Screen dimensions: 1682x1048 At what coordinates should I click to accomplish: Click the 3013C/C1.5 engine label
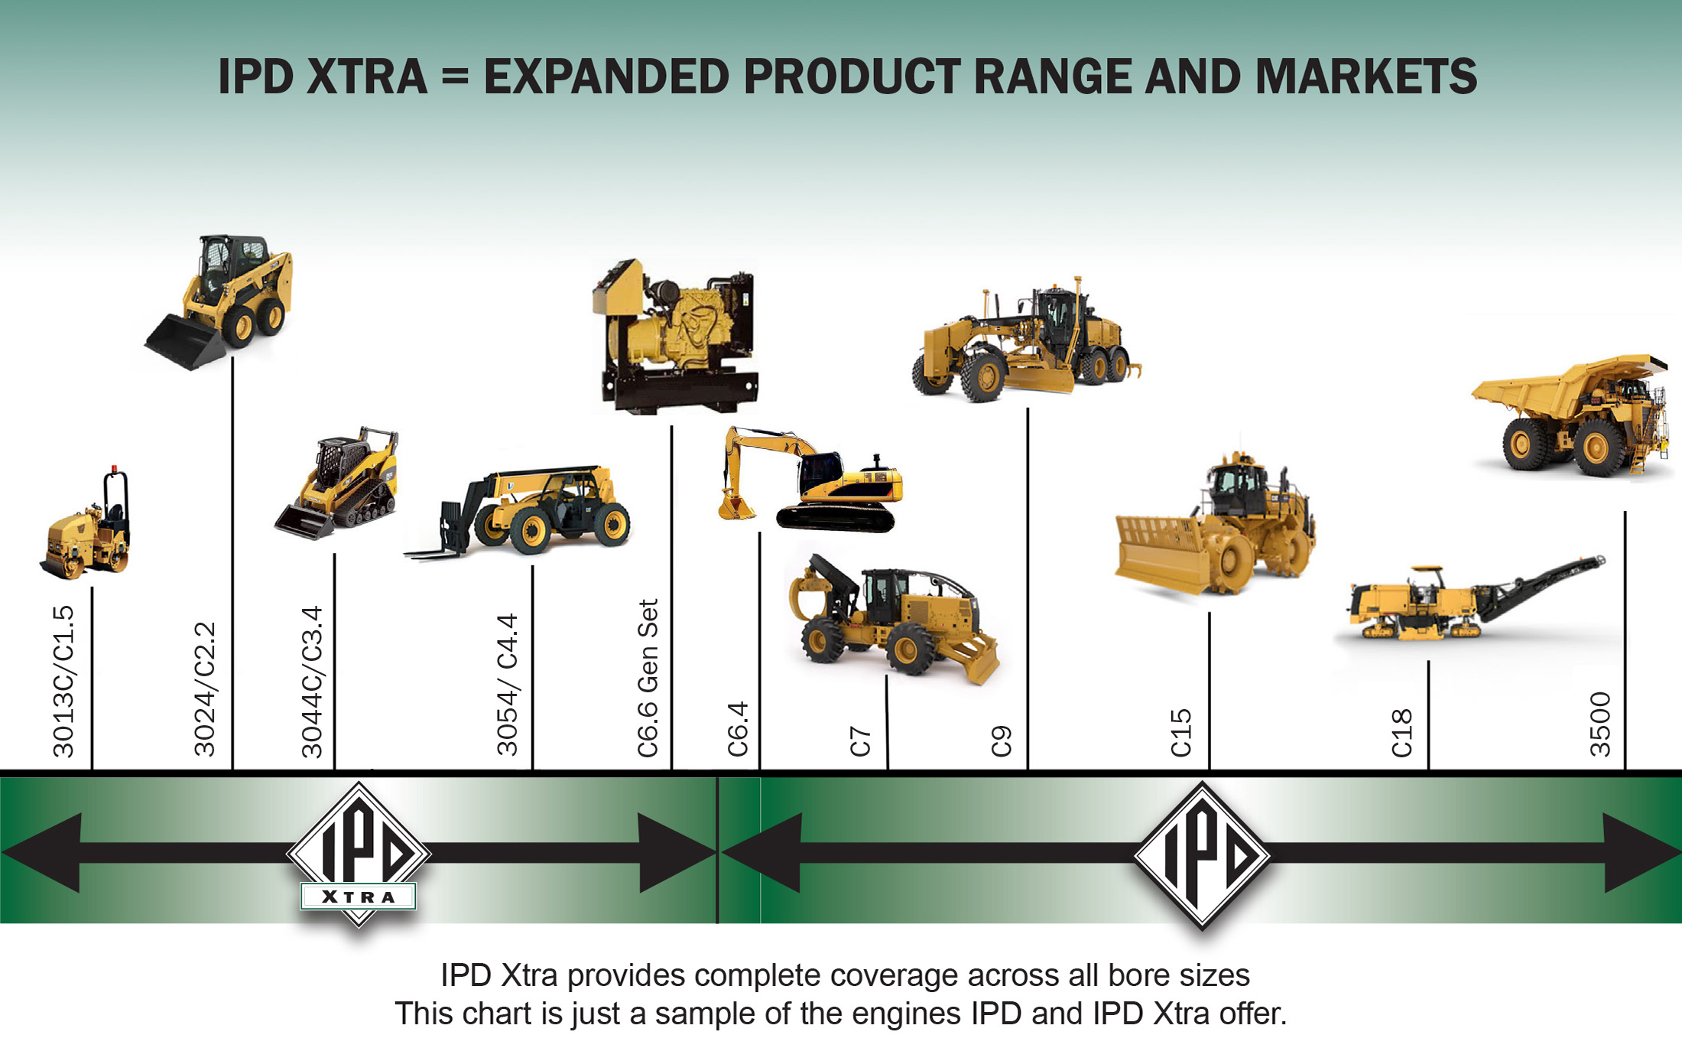pos(63,682)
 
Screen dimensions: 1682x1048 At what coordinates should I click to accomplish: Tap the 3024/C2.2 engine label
pos(205,689)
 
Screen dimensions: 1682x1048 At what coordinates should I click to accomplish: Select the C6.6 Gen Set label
pos(648,679)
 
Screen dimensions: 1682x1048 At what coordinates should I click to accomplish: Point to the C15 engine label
pos(1181,733)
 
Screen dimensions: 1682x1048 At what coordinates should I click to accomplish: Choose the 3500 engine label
pos(1600,724)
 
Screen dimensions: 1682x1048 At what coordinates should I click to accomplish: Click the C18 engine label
pos(1401,733)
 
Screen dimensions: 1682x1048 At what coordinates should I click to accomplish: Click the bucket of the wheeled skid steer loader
pos(185,342)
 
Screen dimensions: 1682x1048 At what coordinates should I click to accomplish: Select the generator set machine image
pos(676,337)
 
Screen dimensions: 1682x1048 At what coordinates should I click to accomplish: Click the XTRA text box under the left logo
pos(359,897)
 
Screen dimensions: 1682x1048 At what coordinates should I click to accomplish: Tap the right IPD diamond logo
pos(1202,855)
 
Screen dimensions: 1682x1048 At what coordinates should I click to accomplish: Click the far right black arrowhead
pos(1640,853)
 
